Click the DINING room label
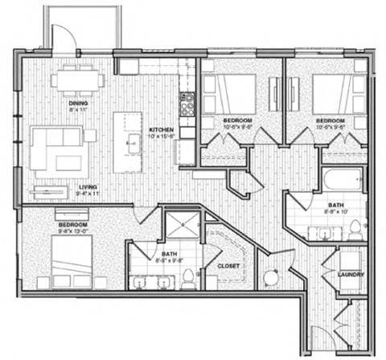point(78,103)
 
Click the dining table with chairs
point(79,80)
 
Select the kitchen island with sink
point(127,142)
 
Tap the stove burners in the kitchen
point(187,104)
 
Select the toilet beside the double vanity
point(188,278)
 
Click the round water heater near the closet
point(270,278)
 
